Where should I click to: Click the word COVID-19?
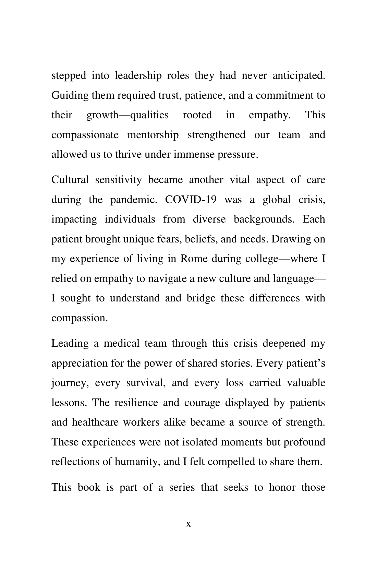[x=191, y=200]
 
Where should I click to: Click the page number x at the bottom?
[x=188, y=524]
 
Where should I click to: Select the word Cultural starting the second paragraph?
[x=70, y=180]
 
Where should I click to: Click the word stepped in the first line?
[x=69, y=75]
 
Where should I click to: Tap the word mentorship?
[x=153, y=135]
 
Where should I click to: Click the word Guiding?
[x=70, y=95]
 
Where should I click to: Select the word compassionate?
[x=85, y=135]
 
